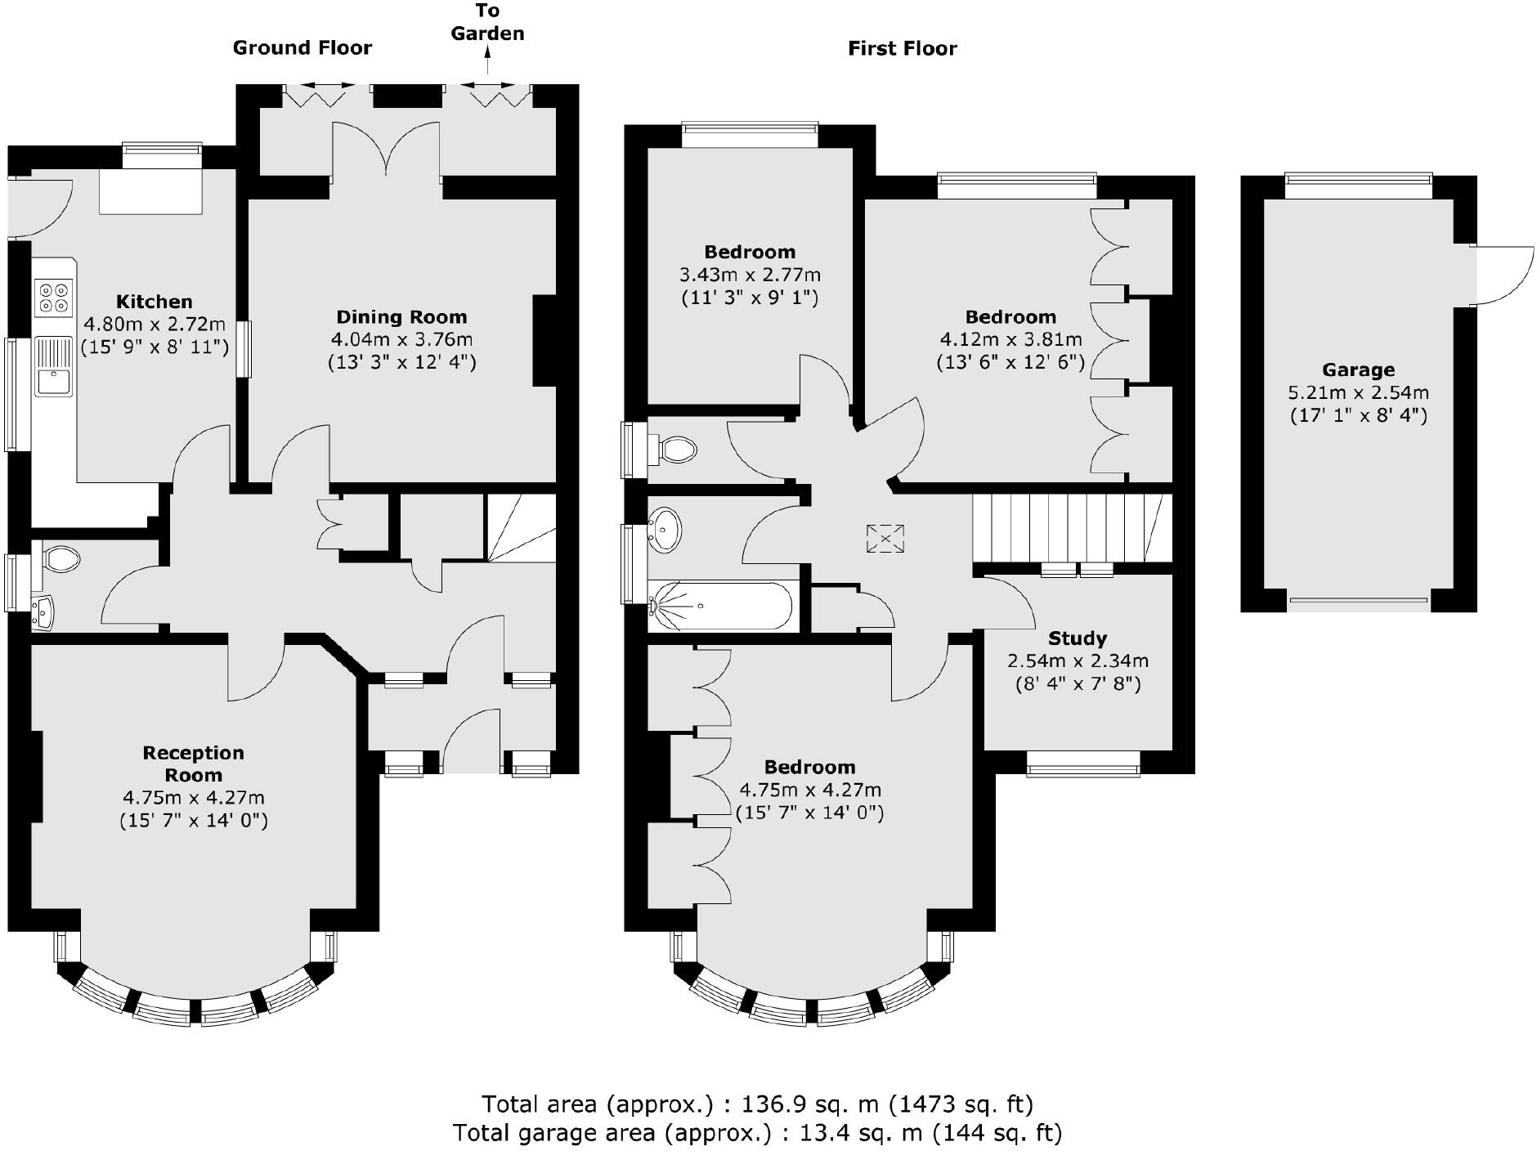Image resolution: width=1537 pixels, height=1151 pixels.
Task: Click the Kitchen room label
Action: click(154, 302)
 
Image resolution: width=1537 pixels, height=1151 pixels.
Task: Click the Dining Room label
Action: click(401, 317)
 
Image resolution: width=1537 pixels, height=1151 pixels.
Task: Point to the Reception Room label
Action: click(193, 764)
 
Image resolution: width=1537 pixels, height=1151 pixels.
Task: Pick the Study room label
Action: click(1077, 638)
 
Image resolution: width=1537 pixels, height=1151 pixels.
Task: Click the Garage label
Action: click(1358, 369)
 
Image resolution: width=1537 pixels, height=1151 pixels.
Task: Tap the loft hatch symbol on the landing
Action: click(885, 540)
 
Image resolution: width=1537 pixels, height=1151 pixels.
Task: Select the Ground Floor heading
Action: click(302, 47)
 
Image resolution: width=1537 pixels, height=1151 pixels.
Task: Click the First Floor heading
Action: click(902, 48)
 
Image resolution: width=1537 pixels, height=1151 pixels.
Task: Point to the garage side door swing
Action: click(1503, 275)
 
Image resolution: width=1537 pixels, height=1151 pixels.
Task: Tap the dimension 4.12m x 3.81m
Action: click(1010, 339)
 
